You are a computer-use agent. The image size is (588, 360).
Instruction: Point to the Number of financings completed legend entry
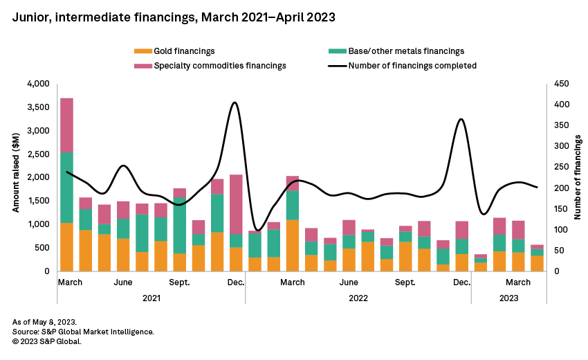(x=412, y=66)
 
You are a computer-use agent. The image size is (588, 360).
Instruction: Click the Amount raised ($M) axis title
(x=16, y=177)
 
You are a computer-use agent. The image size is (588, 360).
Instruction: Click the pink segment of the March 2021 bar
(x=66, y=125)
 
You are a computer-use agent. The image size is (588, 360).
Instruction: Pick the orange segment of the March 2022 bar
(x=292, y=245)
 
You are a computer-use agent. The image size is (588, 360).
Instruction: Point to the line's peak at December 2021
(x=235, y=103)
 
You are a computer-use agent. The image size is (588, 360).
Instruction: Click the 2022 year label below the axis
(x=358, y=298)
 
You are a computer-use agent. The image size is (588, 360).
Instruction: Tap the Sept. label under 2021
(x=180, y=282)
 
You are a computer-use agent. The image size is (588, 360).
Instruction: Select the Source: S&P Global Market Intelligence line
(x=83, y=332)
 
